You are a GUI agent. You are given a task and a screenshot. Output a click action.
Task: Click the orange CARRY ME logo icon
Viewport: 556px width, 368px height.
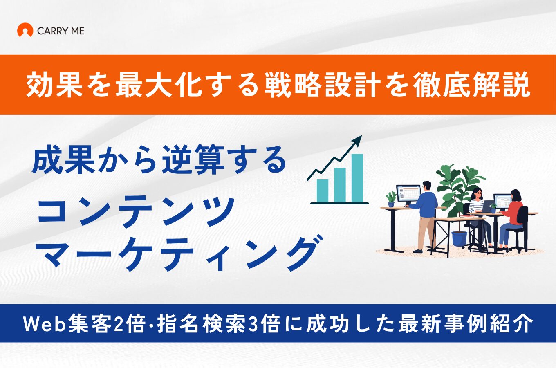click(25, 30)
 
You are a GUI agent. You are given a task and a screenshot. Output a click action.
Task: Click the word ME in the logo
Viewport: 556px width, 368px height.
click(77, 31)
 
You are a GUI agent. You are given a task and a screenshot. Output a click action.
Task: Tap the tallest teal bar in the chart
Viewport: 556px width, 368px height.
click(357, 178)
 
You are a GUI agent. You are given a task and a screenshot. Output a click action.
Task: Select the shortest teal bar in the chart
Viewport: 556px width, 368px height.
click(323, 191)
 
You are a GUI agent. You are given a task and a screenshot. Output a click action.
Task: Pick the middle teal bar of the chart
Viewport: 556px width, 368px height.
click(340, 185)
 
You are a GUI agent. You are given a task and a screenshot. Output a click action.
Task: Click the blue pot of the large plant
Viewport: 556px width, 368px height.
click(459, 239)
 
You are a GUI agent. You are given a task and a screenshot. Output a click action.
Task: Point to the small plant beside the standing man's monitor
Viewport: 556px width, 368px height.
click(391, 199)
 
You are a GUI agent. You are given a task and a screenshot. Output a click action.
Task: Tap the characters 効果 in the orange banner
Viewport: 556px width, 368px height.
click(54, 85)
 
